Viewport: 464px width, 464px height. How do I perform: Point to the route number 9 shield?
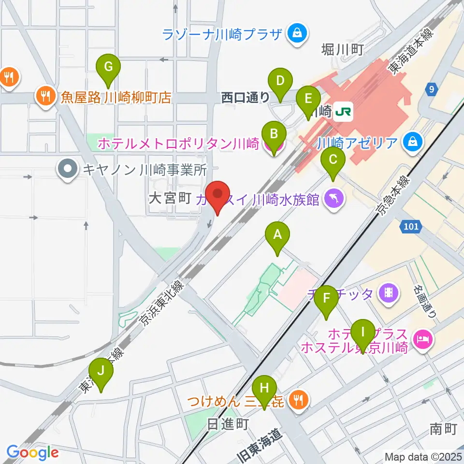(x=432, y=89)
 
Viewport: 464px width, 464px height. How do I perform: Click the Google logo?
(x=32, y=453)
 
